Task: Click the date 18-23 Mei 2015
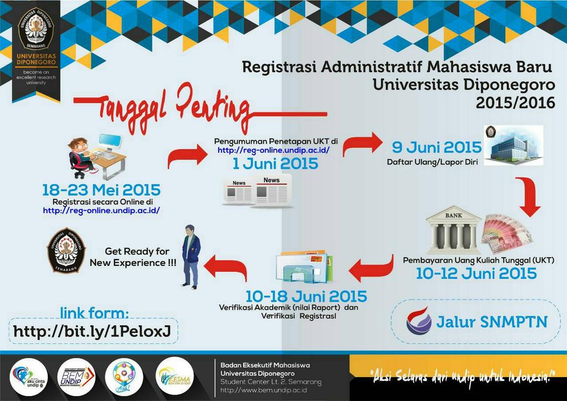point(101,190)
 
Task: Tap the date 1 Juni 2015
point(275,164)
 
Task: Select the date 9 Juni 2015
point(437,147)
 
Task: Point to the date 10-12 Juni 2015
point(476,273)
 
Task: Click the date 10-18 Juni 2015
point(306,296)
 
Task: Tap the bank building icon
point(453,230)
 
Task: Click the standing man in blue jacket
point(191,257)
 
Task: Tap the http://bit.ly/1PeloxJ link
point(92,332)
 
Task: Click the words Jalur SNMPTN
point(491,322)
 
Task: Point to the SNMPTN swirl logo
point(419,321)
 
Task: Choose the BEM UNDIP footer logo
point(76,377)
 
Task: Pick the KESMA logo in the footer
point(175,376)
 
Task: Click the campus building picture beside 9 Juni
point(513,145)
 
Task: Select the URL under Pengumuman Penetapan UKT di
point(274,150)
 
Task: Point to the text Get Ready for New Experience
point(133,257)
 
